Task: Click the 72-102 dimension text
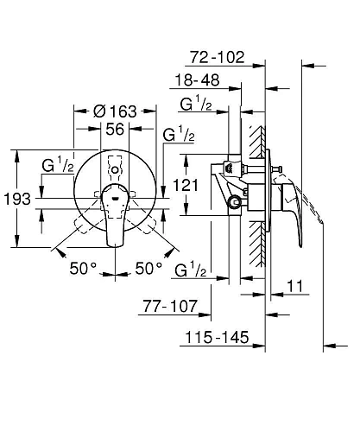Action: pos(216,59)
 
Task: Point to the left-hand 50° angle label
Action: pos(84,269)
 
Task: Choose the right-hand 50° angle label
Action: pos(148,269)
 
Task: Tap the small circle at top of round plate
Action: pos(114,162)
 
